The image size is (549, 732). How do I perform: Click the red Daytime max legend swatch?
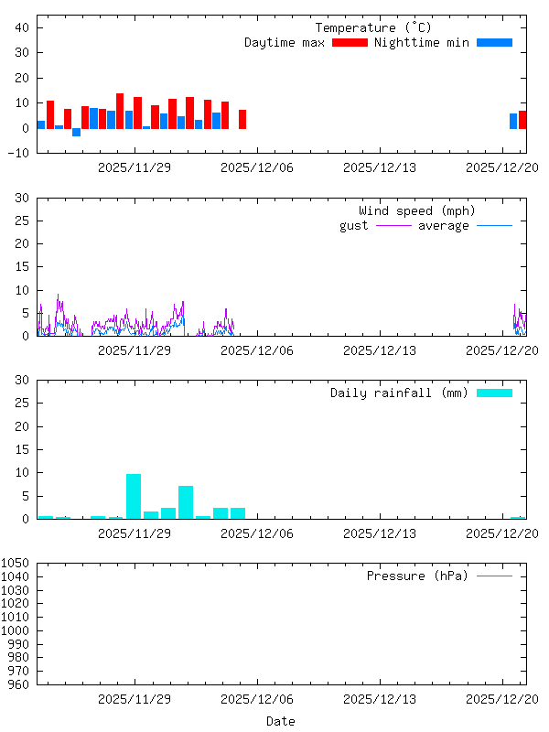pyautogui.click(x=350, y=43)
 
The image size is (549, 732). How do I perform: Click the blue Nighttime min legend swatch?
pyautogui.click(x=494, y=43)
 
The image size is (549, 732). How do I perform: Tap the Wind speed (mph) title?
pyautogui.click(x=417, y=211)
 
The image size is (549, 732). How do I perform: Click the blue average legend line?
pyautogui.click(x=494, y=225)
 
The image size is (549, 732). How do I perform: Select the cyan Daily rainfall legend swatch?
pyautogui.click(x=494, y=393)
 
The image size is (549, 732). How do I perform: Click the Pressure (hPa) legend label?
pyautogui.click(x=416, y=576)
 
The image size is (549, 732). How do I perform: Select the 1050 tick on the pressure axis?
pyautogui.click(x=17, y=564)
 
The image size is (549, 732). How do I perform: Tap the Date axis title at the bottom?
pyautogui.click(x=281, y=721)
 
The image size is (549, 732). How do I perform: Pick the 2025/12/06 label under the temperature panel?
pyautogui.click(x=257, y=167)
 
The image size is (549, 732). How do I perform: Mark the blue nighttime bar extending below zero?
pyautogui.click(x=77, y=132)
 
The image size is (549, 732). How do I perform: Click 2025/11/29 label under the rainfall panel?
pyautogui.click(x=135, y=533)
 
